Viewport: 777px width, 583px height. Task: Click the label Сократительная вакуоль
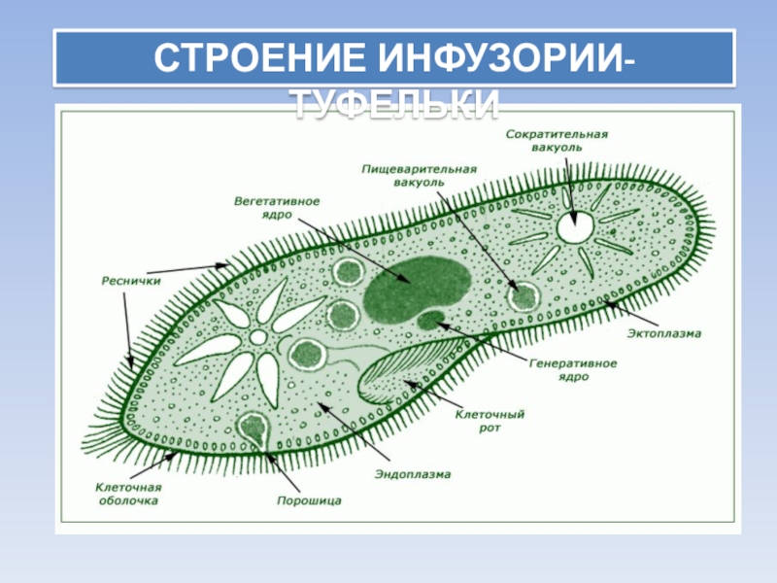(x=557, y=140)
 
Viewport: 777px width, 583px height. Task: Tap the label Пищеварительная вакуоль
(x=419, y=175)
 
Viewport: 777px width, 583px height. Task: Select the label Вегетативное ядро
(x=277, y=208)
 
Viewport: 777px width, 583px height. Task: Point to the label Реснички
(x=130, y=281)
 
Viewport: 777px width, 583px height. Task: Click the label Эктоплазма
(x=664, y=333)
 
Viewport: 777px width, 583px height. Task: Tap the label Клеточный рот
(x=490, y=420)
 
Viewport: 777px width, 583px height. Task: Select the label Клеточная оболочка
(x=127, y=494)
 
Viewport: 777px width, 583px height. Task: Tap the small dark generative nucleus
(x=428, y=319)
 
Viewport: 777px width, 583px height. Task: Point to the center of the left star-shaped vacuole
(x=257, y=337)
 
